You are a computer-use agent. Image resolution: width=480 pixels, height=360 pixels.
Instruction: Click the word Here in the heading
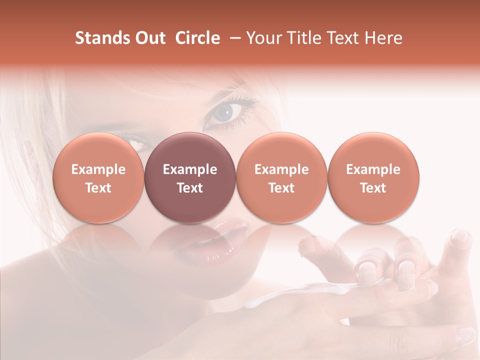pyautogui.click(x=383, y=38)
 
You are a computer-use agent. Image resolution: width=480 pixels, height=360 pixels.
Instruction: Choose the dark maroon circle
pyautogui.click(x=190, y=178)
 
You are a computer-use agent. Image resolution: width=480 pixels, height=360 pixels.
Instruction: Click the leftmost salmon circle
pyautogui.click(x=98, y=178)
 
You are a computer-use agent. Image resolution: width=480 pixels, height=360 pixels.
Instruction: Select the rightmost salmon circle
pyautogui.click(x=373, y=178)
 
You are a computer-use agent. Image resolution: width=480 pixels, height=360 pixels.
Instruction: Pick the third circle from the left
pyautogui.click(x=281, y=178)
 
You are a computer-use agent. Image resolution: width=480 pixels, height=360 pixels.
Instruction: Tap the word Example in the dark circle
pyautogui.click(x=190, y=169)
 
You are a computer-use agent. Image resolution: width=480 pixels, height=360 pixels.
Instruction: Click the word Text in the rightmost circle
pyautogui.click(x=373, y=188)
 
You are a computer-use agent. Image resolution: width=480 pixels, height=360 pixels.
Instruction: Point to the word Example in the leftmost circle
pyautogui.click(x=98, y=169)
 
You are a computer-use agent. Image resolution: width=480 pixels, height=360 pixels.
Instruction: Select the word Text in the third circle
pyautogui.click(x=281, y=188)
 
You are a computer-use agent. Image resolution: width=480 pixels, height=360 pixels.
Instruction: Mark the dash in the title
pyautogui.click(x=233, y=38)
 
